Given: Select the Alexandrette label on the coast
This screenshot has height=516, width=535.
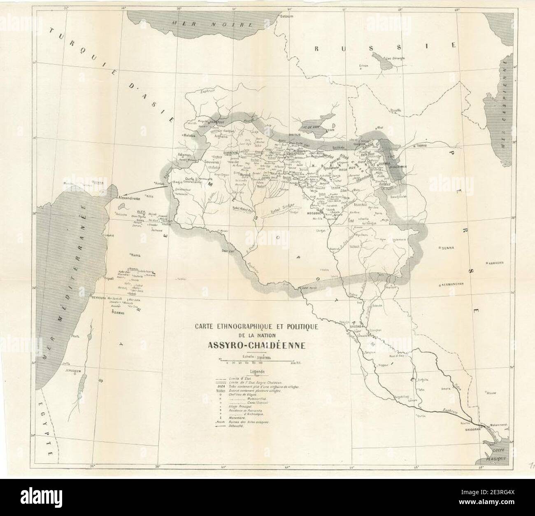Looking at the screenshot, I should (x=131, y=198).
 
